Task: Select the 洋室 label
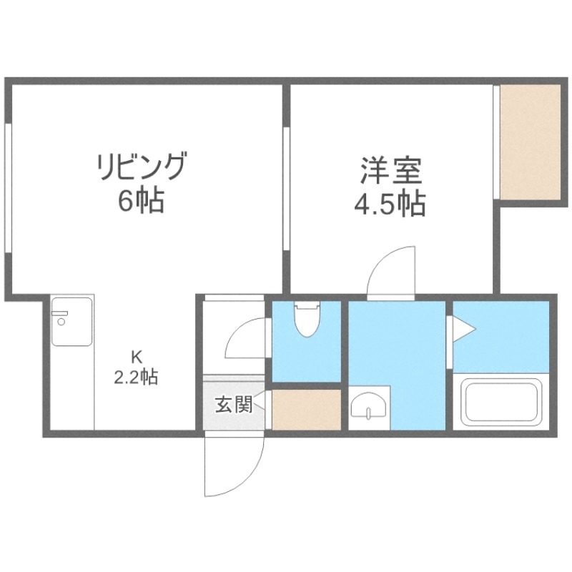click(390, 172)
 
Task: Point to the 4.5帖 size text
click(390, 205)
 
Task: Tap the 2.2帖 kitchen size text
click(136, 376)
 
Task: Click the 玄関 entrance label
click(233, 405)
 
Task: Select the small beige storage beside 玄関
click(307, 409)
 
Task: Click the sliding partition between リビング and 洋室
click(285, 189)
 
